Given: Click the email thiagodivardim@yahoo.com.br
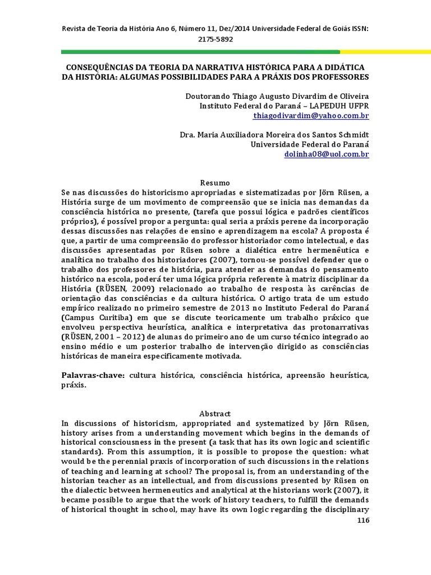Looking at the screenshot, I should [311, 116].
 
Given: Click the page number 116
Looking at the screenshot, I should [363, 520].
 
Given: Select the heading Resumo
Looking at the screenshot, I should [215, 183].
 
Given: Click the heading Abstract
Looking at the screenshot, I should [215, 413].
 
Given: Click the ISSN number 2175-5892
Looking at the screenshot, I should [215, 40].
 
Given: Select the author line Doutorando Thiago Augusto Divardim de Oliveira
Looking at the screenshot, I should [277, 95].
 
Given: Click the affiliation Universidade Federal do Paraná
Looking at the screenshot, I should [309, 144].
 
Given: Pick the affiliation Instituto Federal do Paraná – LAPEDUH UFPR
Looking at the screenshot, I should [285, 106].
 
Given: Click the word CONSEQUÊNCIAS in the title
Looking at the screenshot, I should [107, 66].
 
